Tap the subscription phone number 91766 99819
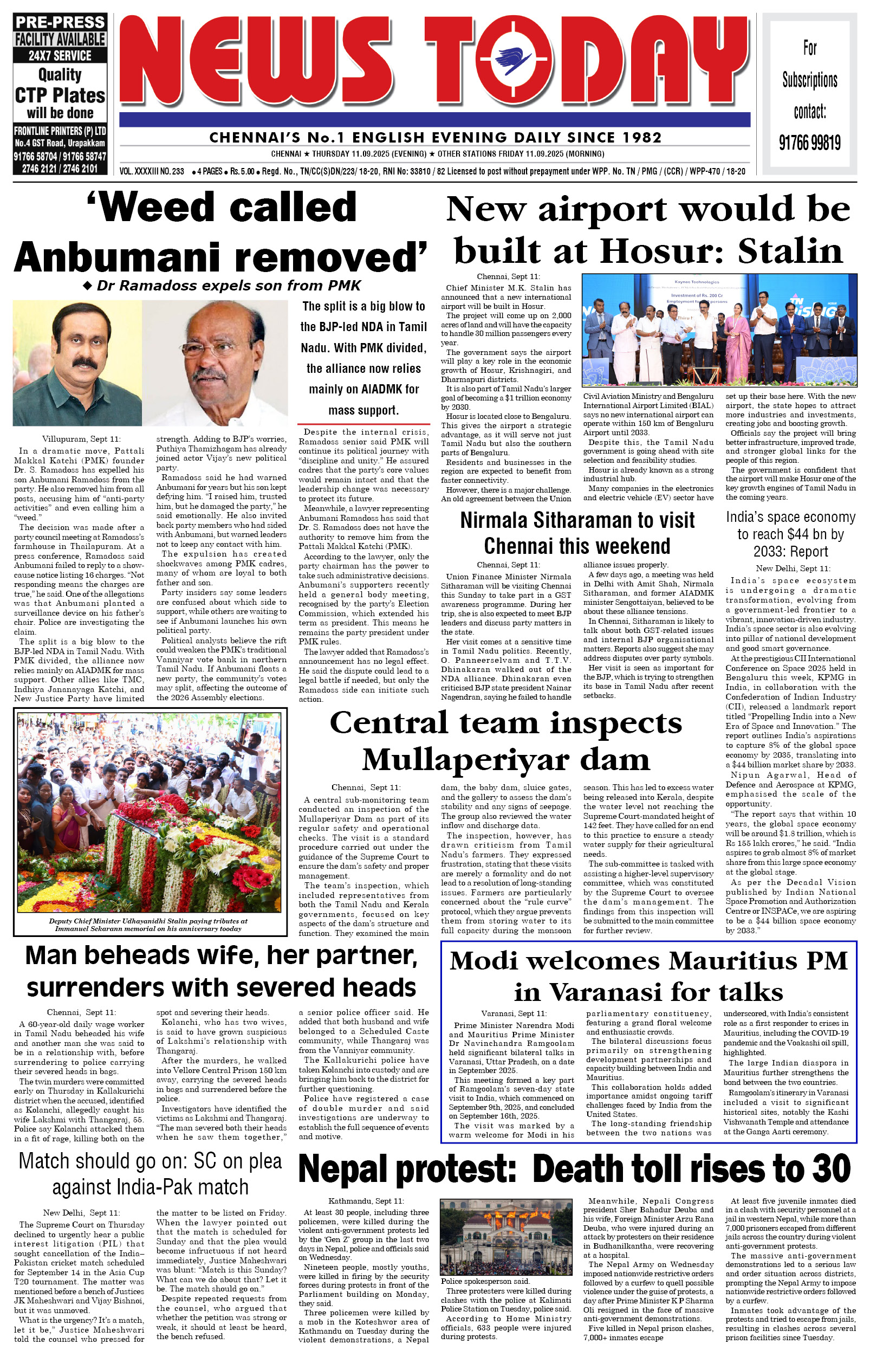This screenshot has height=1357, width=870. [809, 143]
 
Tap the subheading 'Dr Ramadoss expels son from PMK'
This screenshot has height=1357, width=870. [228, 286]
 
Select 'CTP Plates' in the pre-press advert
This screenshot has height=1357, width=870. [60, 95]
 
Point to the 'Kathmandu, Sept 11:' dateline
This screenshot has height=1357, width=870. [366, 1200]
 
